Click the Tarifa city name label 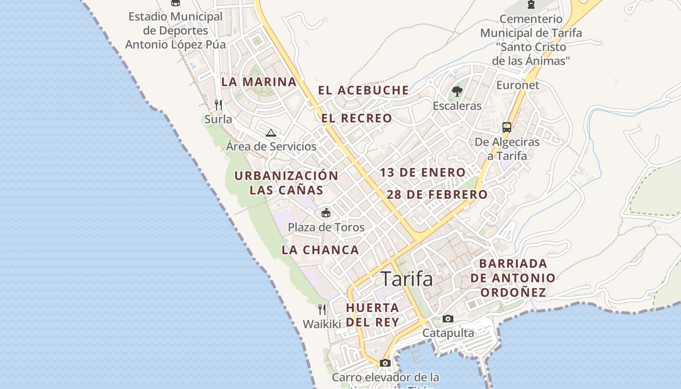click(x=407, y=279)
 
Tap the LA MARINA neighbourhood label click(x=259, y=82)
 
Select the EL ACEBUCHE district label click(x=363, y=90)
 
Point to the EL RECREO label click(x=357, y=118)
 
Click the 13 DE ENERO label click(x=423, y=172)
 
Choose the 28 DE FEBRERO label click(x=437, y=194)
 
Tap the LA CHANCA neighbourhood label click(x=320, y=250)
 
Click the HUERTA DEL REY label click(x=373, y=315)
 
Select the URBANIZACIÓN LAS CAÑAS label click(x=286, y=182)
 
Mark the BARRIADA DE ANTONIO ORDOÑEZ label click(x=512, y=278)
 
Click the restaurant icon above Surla click(x=218, y=105)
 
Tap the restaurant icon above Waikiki click(x=322, y=309)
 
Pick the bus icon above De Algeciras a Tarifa click(x=507, y=127)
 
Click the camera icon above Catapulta click(x=448, y=319)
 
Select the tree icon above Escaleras click(x=457, y=91)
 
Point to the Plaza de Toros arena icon click(x=326, y=213)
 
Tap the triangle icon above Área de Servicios click(x=271, y=133)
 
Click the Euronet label click(x=518, y=85)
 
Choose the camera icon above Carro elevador click(x=385, y=363)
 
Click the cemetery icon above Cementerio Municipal click(x=531, y=4)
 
